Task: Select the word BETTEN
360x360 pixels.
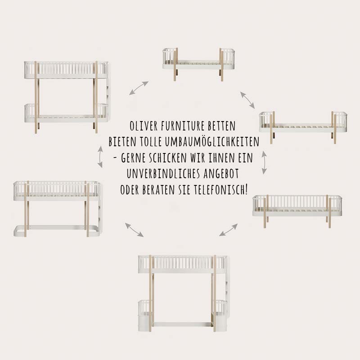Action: click(222, 126)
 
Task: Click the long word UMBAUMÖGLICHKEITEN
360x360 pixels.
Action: click(212, 142)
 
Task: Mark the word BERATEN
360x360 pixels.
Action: click(158, 189)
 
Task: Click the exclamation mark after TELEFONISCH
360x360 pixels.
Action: click(246, 189)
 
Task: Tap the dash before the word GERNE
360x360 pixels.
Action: click(115, 158)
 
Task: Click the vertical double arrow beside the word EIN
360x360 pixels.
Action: click(264, 162)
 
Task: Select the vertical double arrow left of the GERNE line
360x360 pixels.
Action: click(100, 157)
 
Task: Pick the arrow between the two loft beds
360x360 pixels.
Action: click(134, 229)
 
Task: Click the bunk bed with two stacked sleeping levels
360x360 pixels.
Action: click(67, 97)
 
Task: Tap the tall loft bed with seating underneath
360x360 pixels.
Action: click(184, 293)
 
